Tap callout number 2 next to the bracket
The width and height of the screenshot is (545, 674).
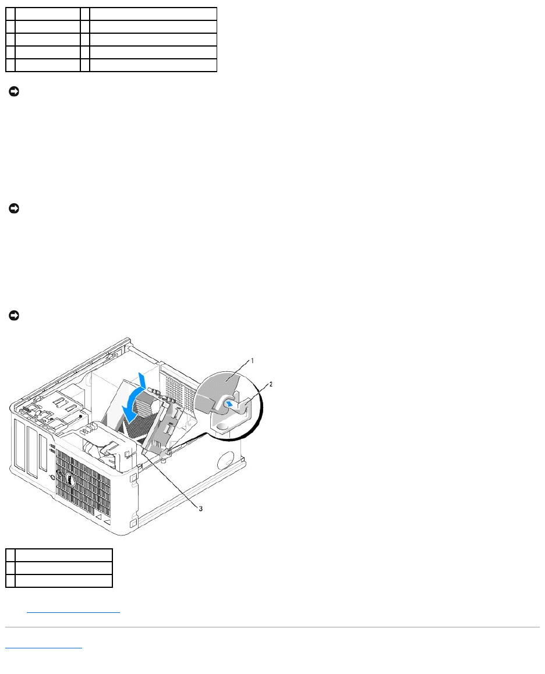(270, 385)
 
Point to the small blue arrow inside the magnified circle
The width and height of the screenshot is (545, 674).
(232, 401)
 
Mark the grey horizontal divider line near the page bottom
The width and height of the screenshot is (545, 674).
(272, 627)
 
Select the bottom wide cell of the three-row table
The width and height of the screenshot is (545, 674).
(63, 580)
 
